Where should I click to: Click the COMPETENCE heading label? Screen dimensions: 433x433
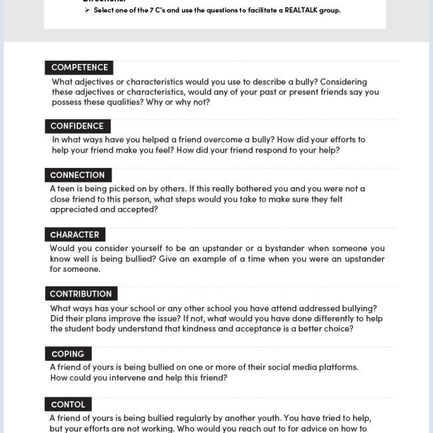point(79,67)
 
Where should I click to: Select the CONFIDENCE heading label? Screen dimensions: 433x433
point(77,126)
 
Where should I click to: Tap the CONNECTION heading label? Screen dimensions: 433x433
point(77,175)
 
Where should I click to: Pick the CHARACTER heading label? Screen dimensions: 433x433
point(75,234)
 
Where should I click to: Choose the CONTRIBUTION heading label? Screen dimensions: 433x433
point(81,294)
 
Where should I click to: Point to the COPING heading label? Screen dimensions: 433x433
point(68,354)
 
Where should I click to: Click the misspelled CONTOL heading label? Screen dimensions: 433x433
point(68,404)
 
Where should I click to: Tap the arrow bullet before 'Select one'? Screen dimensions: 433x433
point(87,10)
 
